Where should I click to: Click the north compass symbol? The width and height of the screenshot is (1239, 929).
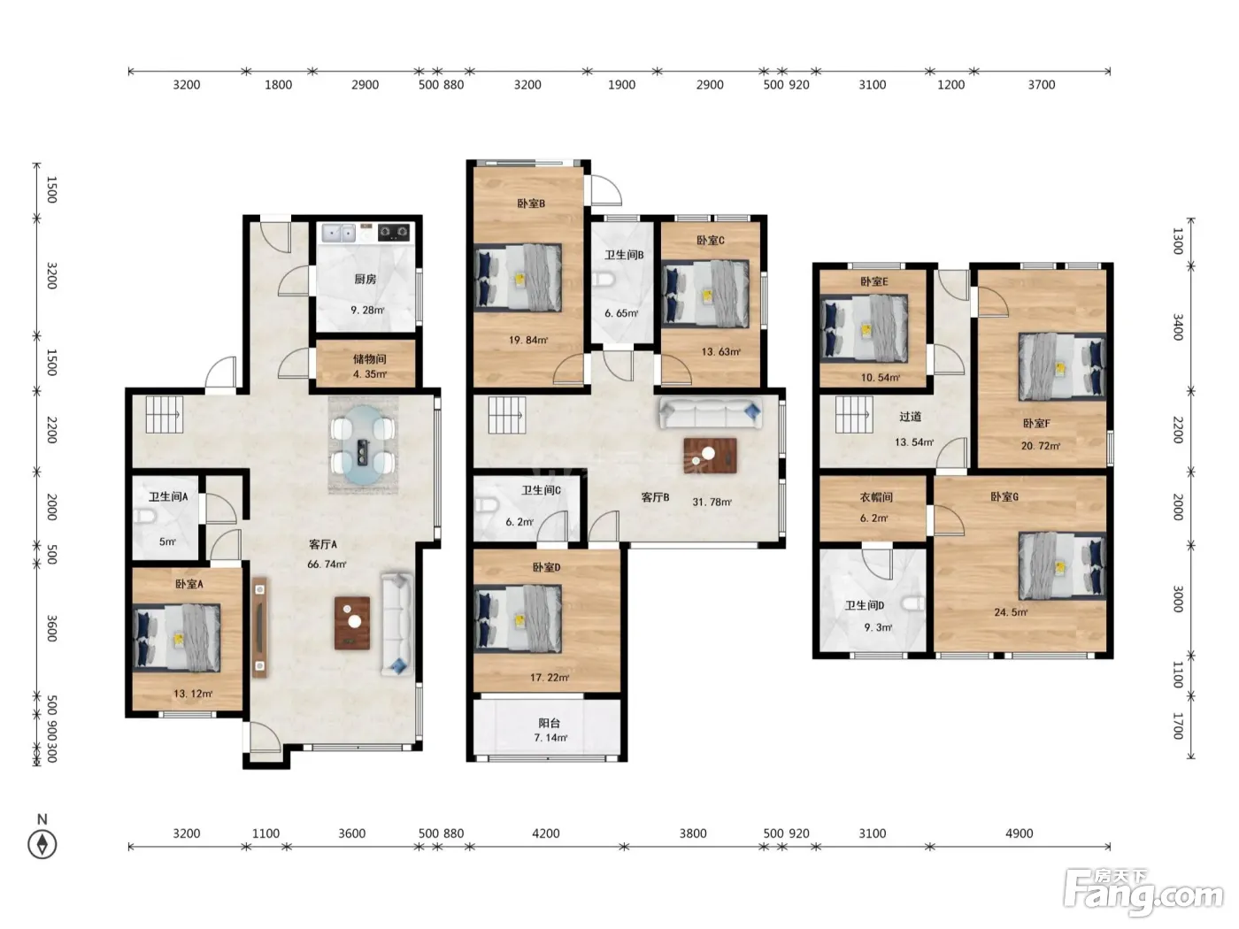click(x=42, y=844)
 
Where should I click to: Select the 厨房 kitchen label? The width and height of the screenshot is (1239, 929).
click(x=366, y=280)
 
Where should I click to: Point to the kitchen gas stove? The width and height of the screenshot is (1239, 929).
click(x=394, y=232)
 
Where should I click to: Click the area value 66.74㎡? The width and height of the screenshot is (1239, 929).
click(x=327, y=564)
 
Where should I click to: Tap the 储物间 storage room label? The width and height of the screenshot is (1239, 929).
click(x=370, y=358)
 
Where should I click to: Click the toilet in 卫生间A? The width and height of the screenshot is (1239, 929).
click(x=144, y=516)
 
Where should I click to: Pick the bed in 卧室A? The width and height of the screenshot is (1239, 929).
click(x=177, y=638)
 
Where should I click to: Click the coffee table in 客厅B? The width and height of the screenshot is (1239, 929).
click(x=710, y=455)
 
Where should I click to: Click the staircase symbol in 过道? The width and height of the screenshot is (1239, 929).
click(x=854, y=415)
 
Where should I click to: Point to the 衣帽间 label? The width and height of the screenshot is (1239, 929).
click(x=876, y=497)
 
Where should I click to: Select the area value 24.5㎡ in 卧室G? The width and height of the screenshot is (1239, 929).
click(x=1011, y=612)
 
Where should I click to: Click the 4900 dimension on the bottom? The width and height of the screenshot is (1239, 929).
click(x=1020, y=833)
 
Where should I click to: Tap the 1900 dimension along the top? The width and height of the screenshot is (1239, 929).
click(x=621, y=85)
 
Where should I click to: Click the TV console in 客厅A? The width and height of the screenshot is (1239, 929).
click(x=259, y=627)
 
